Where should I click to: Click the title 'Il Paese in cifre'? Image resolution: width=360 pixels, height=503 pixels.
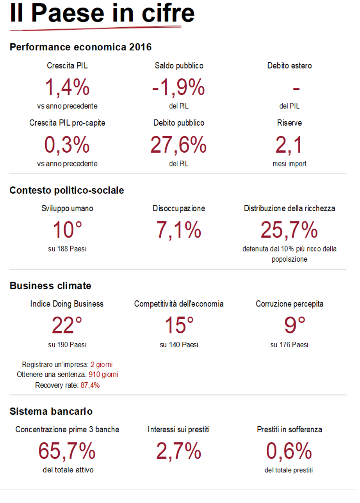click(x=102, y=13)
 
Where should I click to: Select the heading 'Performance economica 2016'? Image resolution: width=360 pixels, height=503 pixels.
click(x=80, y=47)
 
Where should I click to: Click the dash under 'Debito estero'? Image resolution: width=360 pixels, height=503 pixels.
click(x=296, y=89)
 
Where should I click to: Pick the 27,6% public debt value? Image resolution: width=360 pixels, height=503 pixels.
click(x=178, y=145)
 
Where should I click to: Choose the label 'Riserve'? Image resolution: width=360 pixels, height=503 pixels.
click(x=289, y=123)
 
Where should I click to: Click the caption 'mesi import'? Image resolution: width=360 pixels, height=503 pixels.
click(x=289, y=164)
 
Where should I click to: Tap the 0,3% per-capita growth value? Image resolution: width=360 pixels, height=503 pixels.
click(x=67, y=145)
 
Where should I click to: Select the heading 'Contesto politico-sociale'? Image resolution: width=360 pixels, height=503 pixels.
click(x=67, y=190)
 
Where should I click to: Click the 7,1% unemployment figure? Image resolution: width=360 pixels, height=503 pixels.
click(x=178, y=230)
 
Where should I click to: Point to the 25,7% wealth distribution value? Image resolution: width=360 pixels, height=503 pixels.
click(x=289, y=230)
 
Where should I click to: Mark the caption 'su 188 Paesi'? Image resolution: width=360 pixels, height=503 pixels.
click(x=67, y=249)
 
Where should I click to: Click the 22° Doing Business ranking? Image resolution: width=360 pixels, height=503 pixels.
click(x=67, y=325)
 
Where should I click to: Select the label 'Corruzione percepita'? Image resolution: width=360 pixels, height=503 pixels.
click(x=289, y=304)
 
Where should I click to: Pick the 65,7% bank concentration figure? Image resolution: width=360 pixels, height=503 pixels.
click(x=67, y=451)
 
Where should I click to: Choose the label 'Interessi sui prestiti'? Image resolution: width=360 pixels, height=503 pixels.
click(x=178, y=430)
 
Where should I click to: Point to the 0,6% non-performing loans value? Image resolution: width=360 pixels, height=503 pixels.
click(x=289, y=451)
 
